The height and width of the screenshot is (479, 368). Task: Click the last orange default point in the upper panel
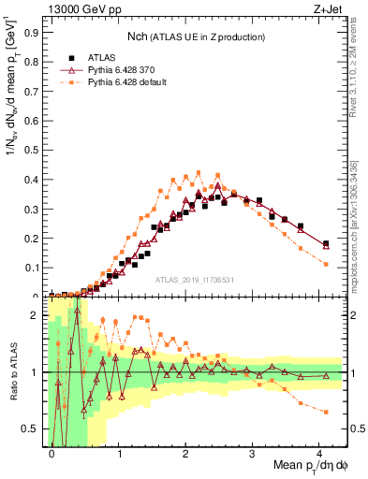[x=326, y=264]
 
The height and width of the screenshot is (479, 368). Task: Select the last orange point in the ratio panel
[x=326, y=412]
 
